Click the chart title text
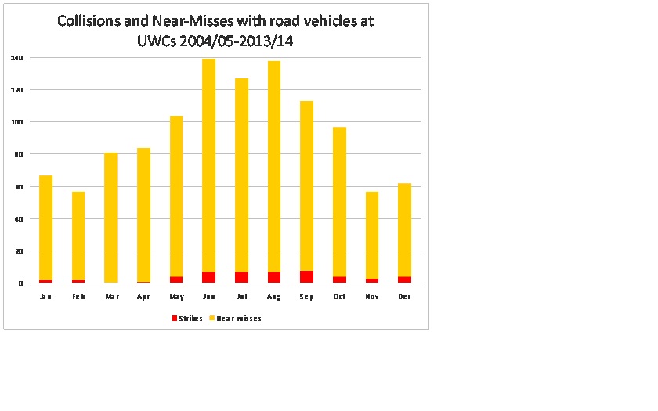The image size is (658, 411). point(215,31)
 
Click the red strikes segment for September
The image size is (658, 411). point(306,276)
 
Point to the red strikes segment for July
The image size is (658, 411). point(241,277)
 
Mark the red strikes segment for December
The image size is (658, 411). point(404,279)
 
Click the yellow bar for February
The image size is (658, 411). point(78,235)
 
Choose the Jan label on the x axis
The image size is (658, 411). point(46,297)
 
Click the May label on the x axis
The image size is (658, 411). point(176,297)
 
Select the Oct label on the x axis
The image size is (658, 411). point(339,297)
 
